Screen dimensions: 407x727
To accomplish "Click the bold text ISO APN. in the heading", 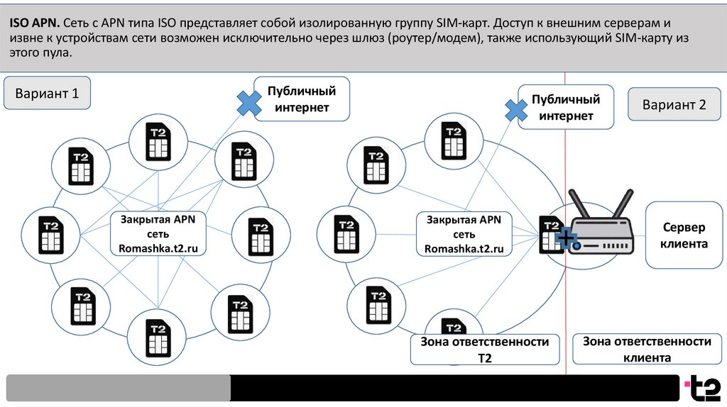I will coord(33,22).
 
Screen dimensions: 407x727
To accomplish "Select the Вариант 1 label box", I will coord(47,94).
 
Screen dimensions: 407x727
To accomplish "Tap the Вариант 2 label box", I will coord(674,104).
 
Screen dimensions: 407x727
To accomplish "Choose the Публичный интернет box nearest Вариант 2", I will coord(565,108).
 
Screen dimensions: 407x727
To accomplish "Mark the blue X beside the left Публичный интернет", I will coord(248,104).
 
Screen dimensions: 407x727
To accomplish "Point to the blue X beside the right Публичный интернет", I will coord(515,110).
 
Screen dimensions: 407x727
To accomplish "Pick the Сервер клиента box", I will coord(684,236).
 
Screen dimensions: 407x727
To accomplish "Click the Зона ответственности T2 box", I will coord(484,350).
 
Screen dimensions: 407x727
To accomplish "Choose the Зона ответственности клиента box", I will coord(647,349).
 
